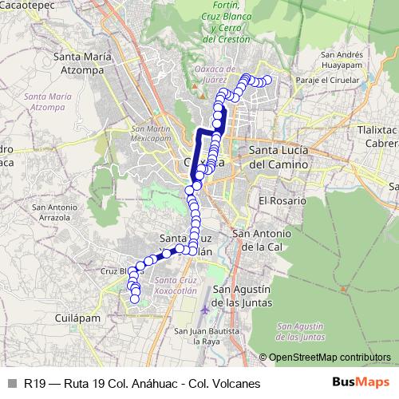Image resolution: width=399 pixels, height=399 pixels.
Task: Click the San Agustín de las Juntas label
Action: point(244,296)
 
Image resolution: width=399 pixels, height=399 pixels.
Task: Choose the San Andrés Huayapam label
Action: point(342,60)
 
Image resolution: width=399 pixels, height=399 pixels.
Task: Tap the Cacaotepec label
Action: point(33,5)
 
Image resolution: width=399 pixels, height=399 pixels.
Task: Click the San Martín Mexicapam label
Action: point(150,133)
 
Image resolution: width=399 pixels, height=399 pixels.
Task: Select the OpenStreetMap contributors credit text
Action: point(329,357)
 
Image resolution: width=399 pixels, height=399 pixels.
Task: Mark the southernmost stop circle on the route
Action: point(135,299)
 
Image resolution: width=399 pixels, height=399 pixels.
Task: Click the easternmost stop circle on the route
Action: point(267,80)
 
